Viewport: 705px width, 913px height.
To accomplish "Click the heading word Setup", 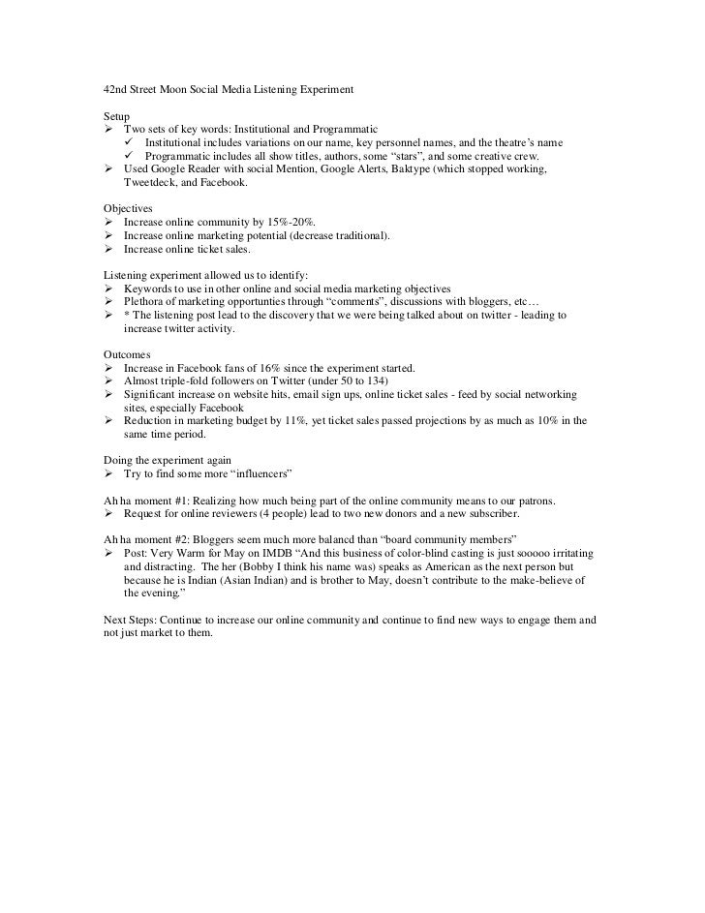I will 117,115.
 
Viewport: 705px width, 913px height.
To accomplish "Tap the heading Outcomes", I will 128,354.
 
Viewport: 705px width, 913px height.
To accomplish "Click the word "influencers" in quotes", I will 252,472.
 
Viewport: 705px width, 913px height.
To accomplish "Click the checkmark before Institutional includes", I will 130,143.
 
